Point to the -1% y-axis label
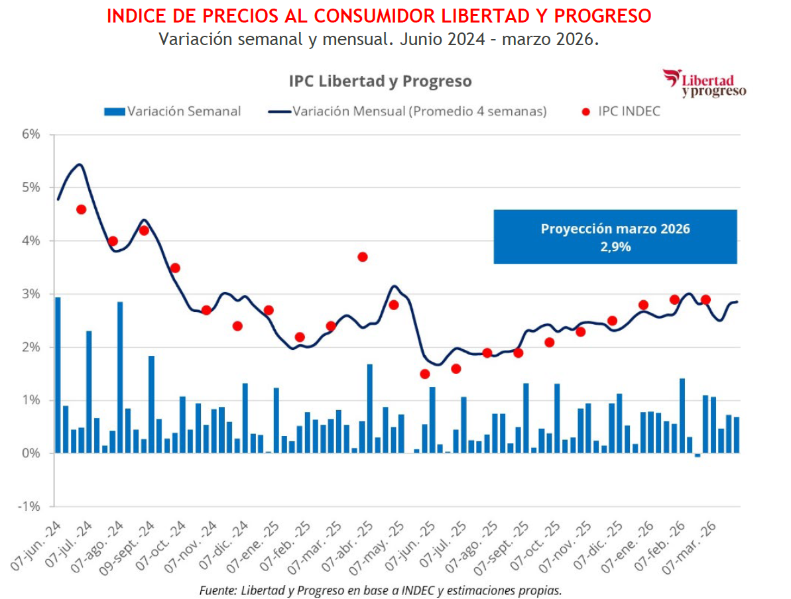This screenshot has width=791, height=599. (30, 507)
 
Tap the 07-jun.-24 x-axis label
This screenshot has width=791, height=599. (37, 547)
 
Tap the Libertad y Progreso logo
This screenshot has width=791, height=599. (704, 83)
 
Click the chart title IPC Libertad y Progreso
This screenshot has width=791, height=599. (380, 82)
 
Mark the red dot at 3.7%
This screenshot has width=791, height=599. (362, 257)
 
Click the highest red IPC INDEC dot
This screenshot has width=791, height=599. (81, 209)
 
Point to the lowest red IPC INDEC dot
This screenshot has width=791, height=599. (425, 374)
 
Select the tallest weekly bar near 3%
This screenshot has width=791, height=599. (58, 374)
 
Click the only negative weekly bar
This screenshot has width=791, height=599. (698, 455)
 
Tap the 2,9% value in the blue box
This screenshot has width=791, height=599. (615, 247)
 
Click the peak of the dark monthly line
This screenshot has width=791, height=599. (80, 164)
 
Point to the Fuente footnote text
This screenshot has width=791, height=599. (381, 590)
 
